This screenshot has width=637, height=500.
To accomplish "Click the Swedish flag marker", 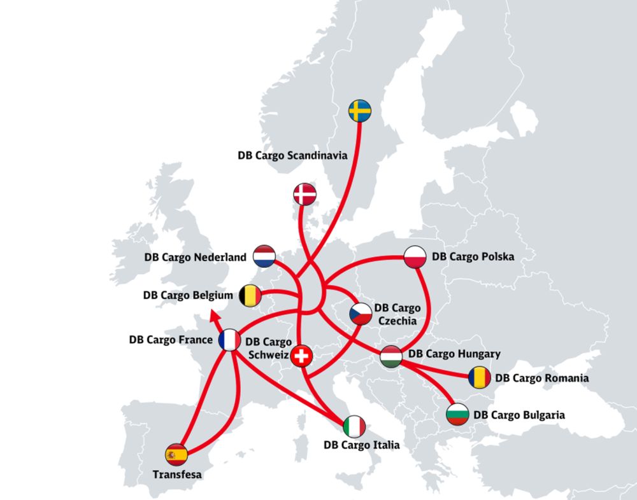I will (360, 111).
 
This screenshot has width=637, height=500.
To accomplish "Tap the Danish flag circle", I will (304, 195).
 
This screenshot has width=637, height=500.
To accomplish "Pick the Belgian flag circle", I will (250, 295).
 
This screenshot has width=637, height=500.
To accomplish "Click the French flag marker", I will (229, 340).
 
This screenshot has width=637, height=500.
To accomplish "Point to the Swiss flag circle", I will (303, 357).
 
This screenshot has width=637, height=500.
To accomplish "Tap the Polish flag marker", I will (415, 256).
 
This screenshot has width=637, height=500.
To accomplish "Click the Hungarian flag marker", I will (390, 357).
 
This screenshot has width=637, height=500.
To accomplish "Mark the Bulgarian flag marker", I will (458, 414).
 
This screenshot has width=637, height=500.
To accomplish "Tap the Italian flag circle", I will (354, 426).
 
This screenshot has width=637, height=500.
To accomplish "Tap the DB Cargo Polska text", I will (473, 256).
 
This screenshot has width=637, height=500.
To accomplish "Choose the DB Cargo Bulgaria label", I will (519, 415).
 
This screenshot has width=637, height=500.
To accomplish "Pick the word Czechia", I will (398, 321).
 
